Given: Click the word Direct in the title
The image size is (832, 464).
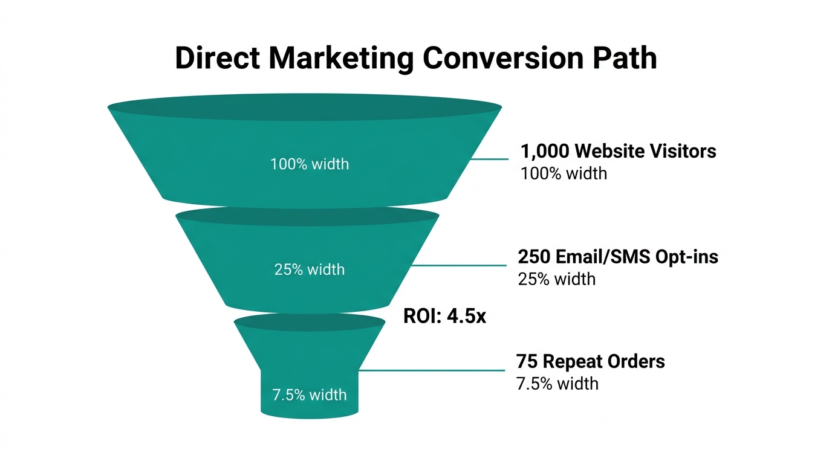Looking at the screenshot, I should pyautogui.click(x=218, y=59).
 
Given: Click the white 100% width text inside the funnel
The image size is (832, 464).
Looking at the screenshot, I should pyautogui.click(x=310, y=164).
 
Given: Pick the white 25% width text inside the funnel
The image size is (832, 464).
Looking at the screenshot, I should pyautogui.click(x=310, y=269).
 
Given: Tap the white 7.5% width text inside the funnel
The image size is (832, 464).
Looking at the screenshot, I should pyautogui.click(x=310, y=395).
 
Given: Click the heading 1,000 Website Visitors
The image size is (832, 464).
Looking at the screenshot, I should pyautogui.click(x=618, y=151).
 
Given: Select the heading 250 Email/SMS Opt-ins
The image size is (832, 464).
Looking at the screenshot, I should pyautogui.click(x=618, y=257).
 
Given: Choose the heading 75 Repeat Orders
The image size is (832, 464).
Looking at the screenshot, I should pyautogui.click(x=590, y=361).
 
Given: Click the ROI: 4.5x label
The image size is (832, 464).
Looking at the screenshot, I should pyautogui.click(x=444, y=316).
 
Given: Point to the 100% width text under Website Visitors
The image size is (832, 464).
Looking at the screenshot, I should pyautogui.click(x=564, y=173).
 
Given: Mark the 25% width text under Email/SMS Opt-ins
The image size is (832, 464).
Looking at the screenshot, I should pyautogui.click(x=556, y=279).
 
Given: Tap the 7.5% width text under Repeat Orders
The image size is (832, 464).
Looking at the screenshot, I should pyautogui.click(x=557, y=384).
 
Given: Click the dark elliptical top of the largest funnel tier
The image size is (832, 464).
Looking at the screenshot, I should pyautogui.click(x=305, y=108).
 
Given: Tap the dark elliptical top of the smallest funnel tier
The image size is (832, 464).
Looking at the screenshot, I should pyautogui.click(x=310, y=322).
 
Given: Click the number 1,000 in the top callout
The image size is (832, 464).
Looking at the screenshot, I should pyautogui.click(x=543, y=151).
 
